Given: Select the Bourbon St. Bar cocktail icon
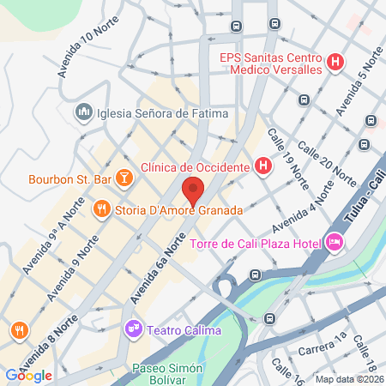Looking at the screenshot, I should [125, 178].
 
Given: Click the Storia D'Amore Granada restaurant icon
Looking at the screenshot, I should [101, 209].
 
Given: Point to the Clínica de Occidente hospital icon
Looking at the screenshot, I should [263, 166].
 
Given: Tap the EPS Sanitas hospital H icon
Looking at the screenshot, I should [335, 62].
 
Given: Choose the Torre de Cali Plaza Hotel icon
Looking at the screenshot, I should [335, 244].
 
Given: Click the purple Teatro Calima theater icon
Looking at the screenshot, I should [132, 328].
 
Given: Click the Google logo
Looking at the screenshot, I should [28, 375].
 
